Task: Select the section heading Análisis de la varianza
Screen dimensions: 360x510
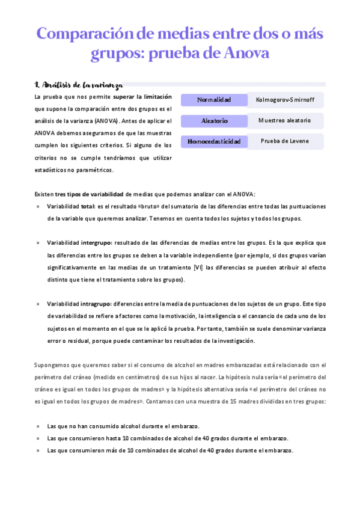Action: [x=78, y=85]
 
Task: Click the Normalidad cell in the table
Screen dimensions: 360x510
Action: [x=214, y=99]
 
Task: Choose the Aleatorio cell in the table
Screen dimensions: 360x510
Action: [x=214, y=120]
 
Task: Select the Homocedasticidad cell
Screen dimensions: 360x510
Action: [x=214, y=141]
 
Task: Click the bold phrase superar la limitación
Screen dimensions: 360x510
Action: [x=142, y=96]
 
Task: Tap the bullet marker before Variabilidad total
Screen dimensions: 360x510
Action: [x=38, y=206]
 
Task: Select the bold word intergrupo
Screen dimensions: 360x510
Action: [x=97, y=243]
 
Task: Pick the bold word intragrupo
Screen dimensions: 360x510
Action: [x=97, y=304]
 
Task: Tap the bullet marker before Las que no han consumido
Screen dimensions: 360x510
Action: [x=38, y=426]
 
